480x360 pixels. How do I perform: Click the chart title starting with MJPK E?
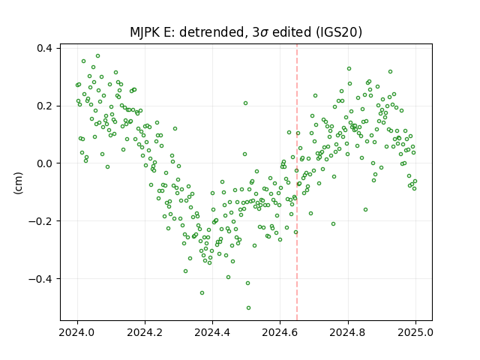click(246, 32)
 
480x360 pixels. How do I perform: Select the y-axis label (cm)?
click(18, 183)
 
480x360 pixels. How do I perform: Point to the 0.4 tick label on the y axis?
click(43, 48)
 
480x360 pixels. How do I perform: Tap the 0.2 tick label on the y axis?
click(43, 106)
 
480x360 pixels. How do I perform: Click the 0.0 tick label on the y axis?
click(43, 163)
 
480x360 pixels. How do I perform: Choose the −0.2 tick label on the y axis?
click(40, 221)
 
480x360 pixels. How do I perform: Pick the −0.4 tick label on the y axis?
click(40, 278)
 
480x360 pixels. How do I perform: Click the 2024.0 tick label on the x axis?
click(77, 332)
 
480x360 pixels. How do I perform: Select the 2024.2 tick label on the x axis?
click(145, 332)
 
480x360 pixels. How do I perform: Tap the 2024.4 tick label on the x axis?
click(212, 332)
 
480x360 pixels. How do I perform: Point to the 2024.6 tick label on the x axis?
click(280, 332)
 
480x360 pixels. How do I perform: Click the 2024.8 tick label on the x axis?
click(348, 332)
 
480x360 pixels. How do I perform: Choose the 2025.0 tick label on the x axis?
click(415, 332)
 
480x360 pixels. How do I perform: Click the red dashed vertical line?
click(297, 182)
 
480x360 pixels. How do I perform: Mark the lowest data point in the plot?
click(248, 307)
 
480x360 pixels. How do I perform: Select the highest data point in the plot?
click(97, 56)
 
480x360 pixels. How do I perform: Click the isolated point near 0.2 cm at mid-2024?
click(245, 103)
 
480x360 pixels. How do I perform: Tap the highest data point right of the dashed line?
click(349, 68)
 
